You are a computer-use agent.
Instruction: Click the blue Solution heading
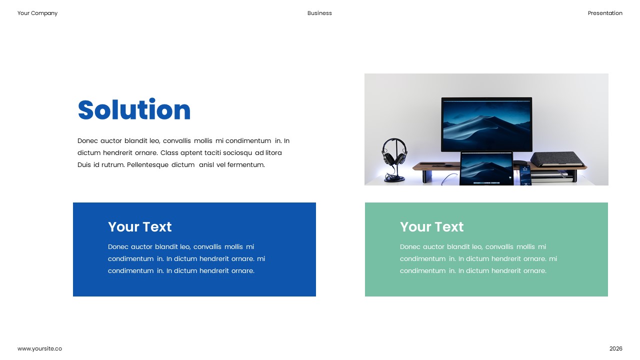[x=134, y=110]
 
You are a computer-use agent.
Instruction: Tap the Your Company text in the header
[x=37, y=13]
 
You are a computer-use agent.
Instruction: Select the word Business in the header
[x=319, y=13]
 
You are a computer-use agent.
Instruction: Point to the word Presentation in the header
[x=605, y=13]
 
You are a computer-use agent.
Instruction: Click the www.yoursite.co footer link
[x=39, y=348]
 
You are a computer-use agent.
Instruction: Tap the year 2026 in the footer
[x=615, y=348]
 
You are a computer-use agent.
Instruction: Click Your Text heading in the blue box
[x=139, y=227]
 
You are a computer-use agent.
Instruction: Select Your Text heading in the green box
[x=431, y=227]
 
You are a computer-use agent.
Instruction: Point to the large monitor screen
[x=486, y=124]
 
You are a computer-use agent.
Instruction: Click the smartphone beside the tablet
[x=524, y=174]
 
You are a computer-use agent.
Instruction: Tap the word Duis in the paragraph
[x=84, y=165]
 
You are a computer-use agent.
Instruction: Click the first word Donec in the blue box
[x=118, y=247]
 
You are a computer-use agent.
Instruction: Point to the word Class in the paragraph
[x=169, y=153]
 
